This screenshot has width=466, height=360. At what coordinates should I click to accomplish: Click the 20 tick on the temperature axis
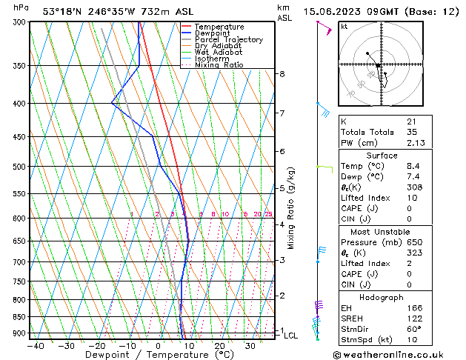coord(219,345)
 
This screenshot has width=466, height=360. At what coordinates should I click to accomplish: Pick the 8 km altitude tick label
coord(282,74)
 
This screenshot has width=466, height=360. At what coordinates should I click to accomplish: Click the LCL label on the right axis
coord(291,336)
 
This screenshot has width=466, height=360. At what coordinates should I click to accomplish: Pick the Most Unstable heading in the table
coord(381,232)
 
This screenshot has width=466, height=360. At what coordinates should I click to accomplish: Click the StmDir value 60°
coord(413,329)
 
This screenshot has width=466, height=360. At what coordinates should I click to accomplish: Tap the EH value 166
coord(413,307)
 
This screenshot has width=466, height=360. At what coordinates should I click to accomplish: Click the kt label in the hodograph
coord(344,26)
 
